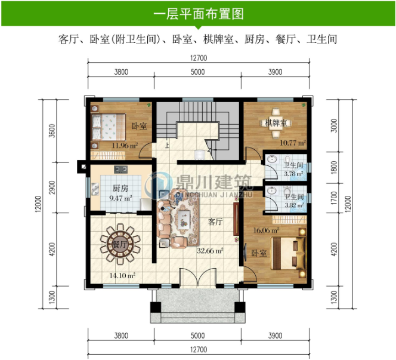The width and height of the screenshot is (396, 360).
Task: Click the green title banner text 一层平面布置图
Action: coord(197,13)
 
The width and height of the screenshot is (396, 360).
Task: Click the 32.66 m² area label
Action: coord(211,251)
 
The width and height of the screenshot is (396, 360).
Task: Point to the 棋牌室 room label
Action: coord(276,123)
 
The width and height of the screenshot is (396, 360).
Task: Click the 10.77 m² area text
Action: coord(293,143)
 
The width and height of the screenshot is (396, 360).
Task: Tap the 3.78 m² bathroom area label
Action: coord(293,174)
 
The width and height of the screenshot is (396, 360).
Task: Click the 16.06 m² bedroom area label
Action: coord(267,229)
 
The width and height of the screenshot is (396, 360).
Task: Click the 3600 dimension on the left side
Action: coord(52,130)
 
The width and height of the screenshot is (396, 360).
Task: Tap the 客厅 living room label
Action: coord(215,221)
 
